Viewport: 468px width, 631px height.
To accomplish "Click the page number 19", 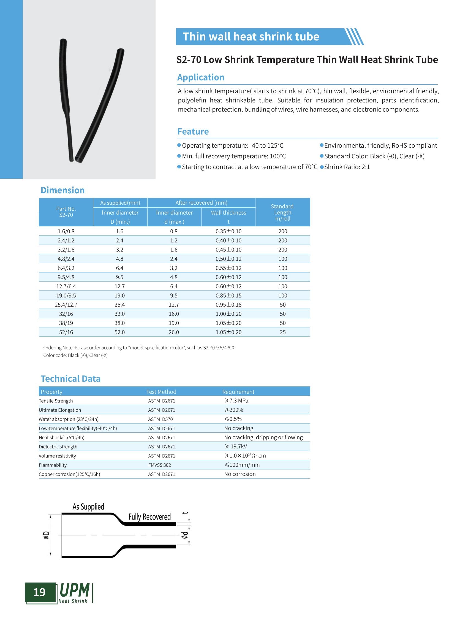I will (39, 592).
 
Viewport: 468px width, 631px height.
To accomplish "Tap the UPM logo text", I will (75, 591).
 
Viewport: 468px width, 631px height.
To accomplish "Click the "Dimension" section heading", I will (62, 190).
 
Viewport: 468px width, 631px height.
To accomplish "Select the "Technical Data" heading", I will (70, 379).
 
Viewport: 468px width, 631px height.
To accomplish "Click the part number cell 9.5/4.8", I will (66, 277).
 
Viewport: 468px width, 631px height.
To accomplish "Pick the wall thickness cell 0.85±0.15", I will (228, 295).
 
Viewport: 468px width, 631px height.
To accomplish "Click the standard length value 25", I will (282, 332).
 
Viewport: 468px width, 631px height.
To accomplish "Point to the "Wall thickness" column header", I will (228, 213).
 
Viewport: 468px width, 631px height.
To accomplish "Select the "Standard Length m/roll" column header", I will (282, 212).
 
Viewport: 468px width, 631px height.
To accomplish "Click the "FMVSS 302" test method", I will (159, 465).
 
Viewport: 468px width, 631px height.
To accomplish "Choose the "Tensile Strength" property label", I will (56, 401).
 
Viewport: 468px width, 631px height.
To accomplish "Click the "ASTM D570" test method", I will (160, 419).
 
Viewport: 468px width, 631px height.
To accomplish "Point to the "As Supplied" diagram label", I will (88, 507).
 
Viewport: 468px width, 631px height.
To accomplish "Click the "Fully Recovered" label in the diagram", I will (149, 517).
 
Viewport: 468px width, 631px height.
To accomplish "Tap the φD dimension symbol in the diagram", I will (46, 535).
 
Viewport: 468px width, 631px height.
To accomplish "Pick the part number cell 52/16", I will (66, 332).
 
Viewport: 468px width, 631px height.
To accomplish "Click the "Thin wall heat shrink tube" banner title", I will (251, 37).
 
